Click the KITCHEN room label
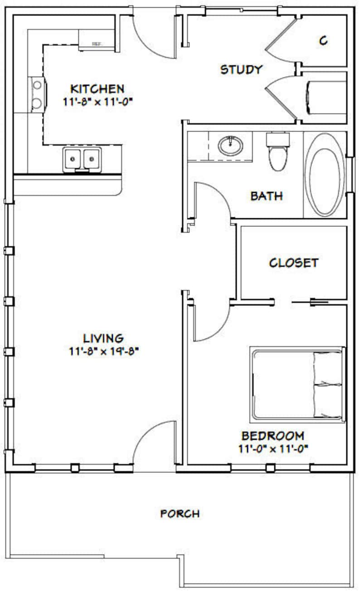pyautogui.click(x=97, y=88)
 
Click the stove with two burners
pyautogui.click(x=37, y=94)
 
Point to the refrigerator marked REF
pyautogui.click(x=97, y=40)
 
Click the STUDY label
pyautogui.click(x=241, y=69)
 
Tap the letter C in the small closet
pyautogui.click(x=323, y=41)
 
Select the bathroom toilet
pyautogui.click(x=277, y=152)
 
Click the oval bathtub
pyautogui.click(x=325, y=175)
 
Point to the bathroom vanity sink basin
pyautogui.click(x=230, y=146)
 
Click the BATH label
pyautogui.click(x=267, y=196)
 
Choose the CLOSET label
pyautogui.click(x=293, y=263)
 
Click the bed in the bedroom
pyautogui.click(x=297, y=384)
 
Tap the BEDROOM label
pyautogui.click(x=272, y=436)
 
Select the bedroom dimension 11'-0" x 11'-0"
pyautogui.click(x=272, y=449)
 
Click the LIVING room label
pyautogui.click(x=103, y=338)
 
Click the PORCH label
pyautogui.click(x=180, y=514)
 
